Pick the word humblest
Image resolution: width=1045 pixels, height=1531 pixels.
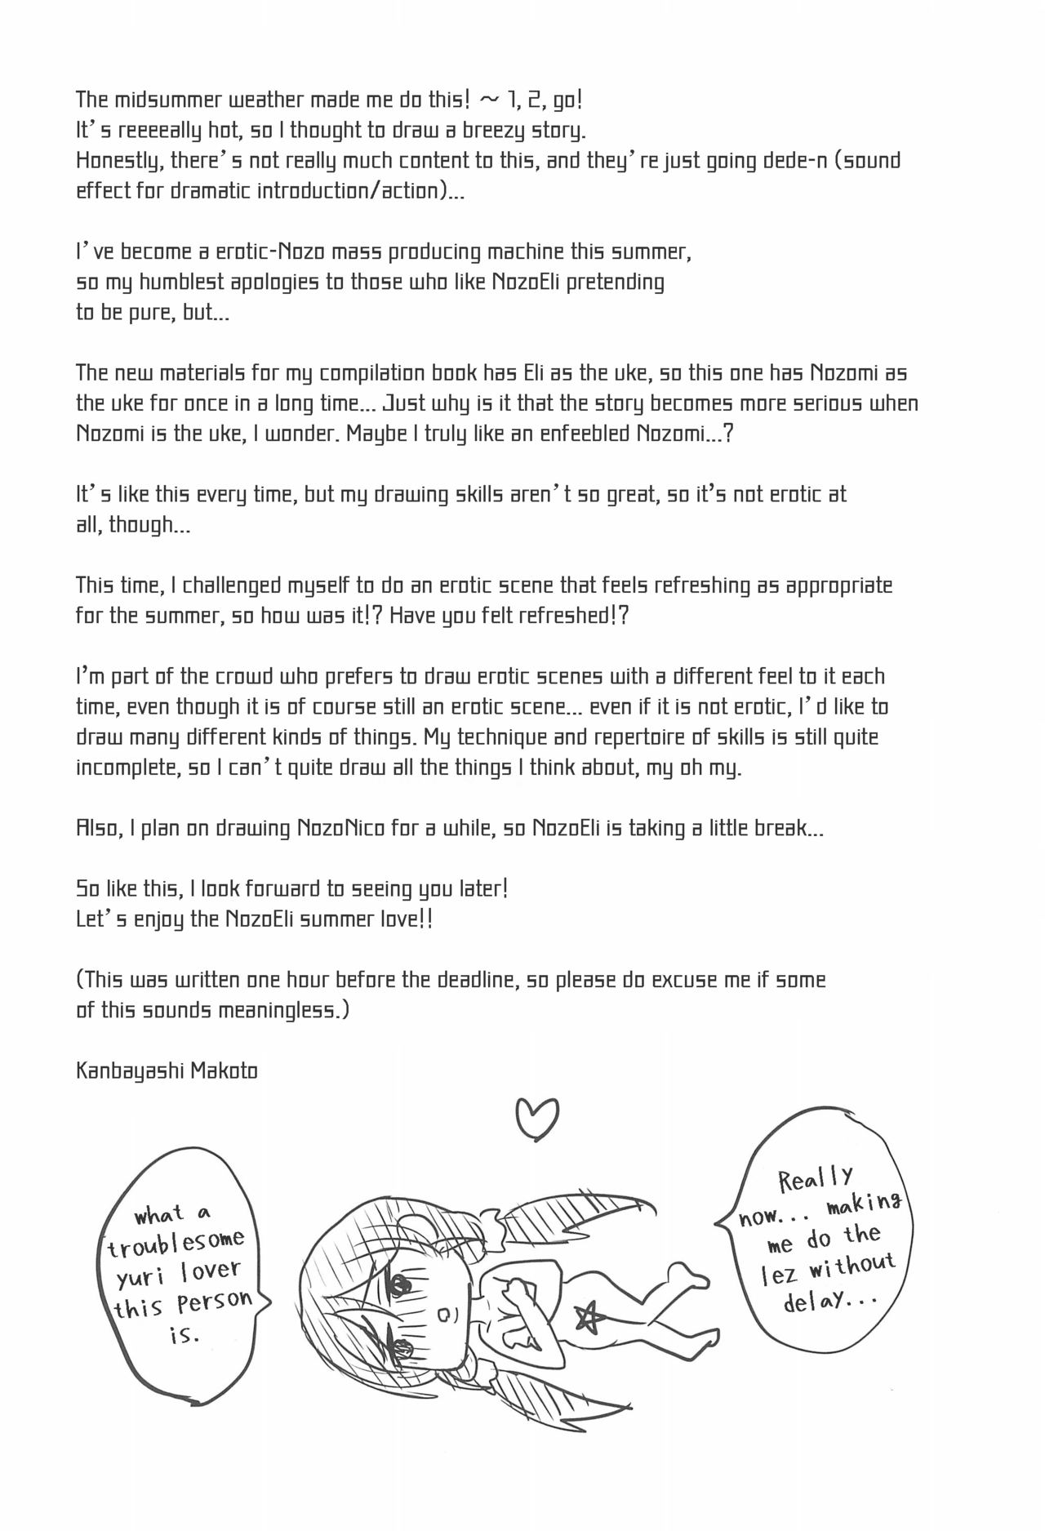(x=171, y=283)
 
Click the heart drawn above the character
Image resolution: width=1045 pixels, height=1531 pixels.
(x=538, y=1119)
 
